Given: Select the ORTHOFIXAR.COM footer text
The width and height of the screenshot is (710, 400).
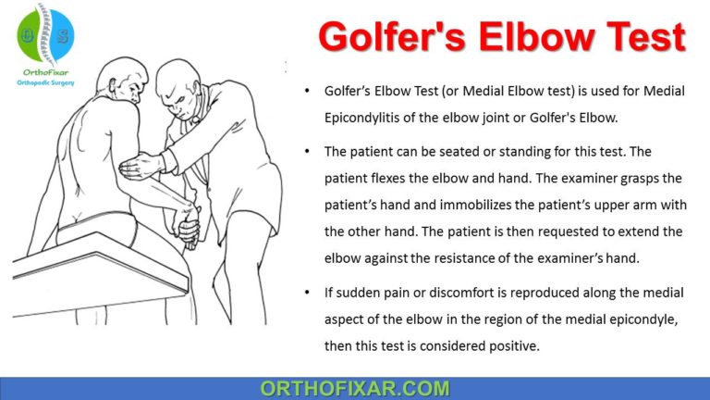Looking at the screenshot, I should pyautogui.click(x=355, y=388).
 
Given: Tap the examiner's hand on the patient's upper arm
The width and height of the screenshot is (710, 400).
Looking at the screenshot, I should pyautogui.click(x=141, y=167).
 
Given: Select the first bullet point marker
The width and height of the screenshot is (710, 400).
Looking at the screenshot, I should pyautogui.click(x=307, y=92).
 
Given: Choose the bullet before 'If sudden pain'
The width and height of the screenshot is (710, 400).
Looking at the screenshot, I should pyautogui.click(x=307, y=294).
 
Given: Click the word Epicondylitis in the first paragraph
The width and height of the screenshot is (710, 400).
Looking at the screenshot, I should pyautogui.click(x=368, y=117).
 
